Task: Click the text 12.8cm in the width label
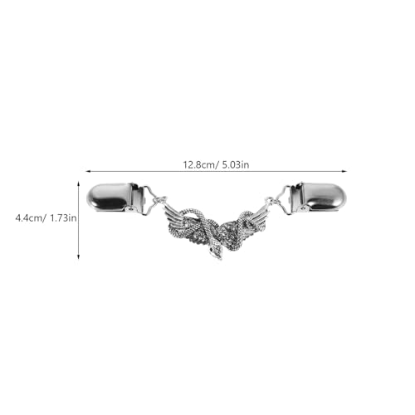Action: point(199,164)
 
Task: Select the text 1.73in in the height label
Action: point(63,218)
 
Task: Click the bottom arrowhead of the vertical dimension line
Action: point(79,257)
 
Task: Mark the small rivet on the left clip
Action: point(130,208)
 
